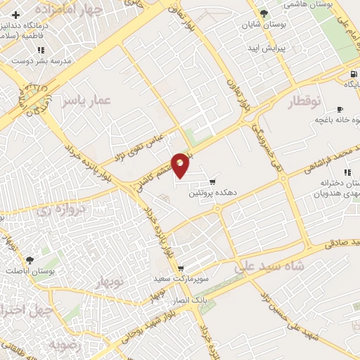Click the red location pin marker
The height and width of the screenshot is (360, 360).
181,165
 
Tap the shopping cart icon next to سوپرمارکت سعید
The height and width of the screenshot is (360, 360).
181,269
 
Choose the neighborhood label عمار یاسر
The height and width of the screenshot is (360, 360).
86,101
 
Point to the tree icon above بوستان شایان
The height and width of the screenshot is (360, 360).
264,13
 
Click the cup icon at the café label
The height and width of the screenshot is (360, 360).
340,110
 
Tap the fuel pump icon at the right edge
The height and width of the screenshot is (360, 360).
352,75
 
